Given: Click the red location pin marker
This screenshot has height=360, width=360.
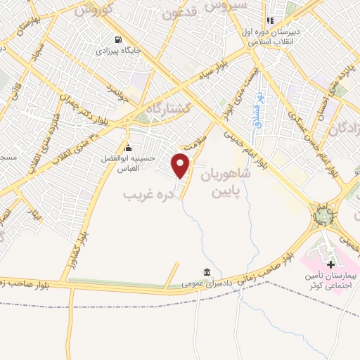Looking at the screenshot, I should pyautogui.click(x=182, y=167).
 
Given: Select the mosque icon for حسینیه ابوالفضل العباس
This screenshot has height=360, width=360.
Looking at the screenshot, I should pyautogui.click(x=128, y=148).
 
